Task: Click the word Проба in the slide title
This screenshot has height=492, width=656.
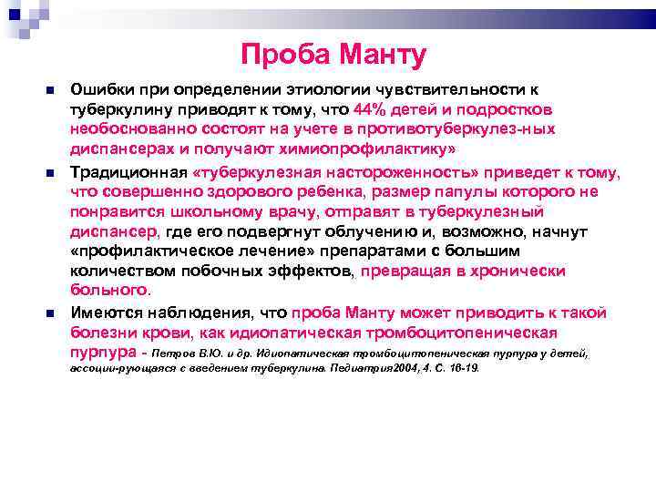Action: [287, 57]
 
